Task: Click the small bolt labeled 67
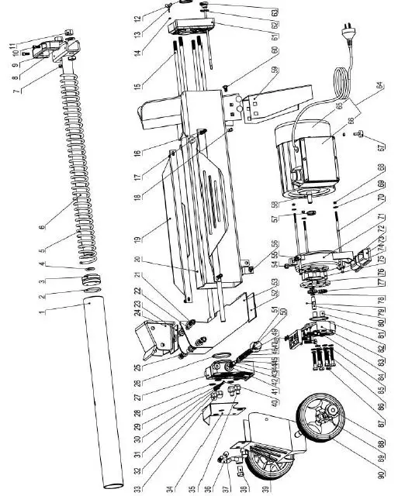coord(361,136)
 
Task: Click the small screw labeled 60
coord(224,88)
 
